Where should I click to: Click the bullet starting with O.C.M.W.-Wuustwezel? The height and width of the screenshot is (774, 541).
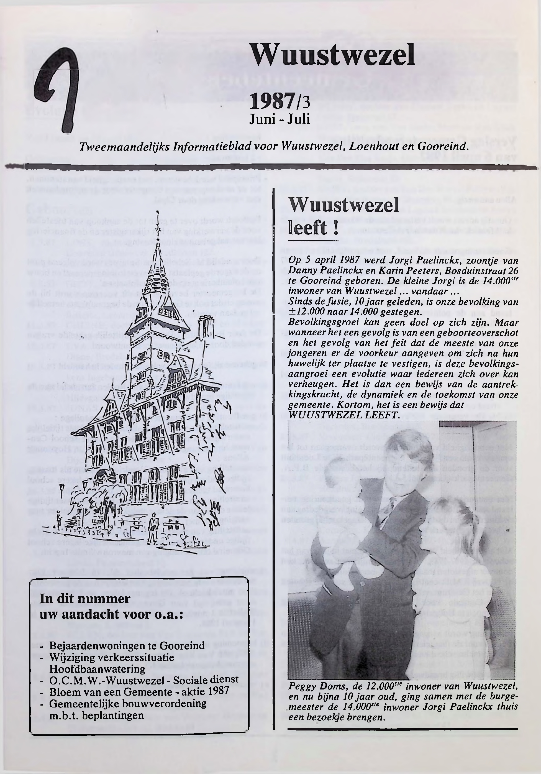tap(143, 680)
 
